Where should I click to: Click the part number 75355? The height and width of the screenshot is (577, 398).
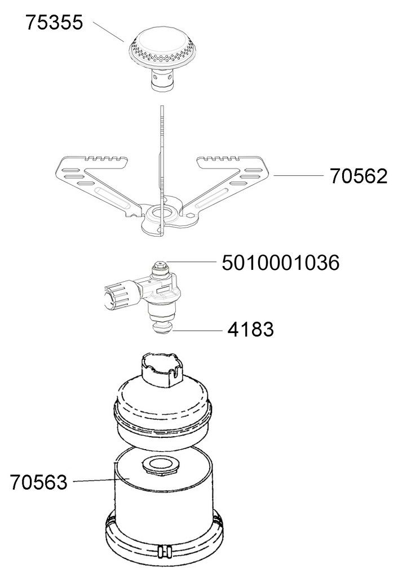[x=54, y=23]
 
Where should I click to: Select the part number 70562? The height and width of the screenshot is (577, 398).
[x=359, y=176]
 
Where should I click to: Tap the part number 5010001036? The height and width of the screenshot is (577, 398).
[x=281, y=263]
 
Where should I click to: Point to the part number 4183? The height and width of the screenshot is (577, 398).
[x=250, y=329]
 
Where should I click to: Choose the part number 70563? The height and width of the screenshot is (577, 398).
[x=39, y=482]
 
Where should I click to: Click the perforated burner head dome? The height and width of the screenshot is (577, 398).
[x=162, y=48]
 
